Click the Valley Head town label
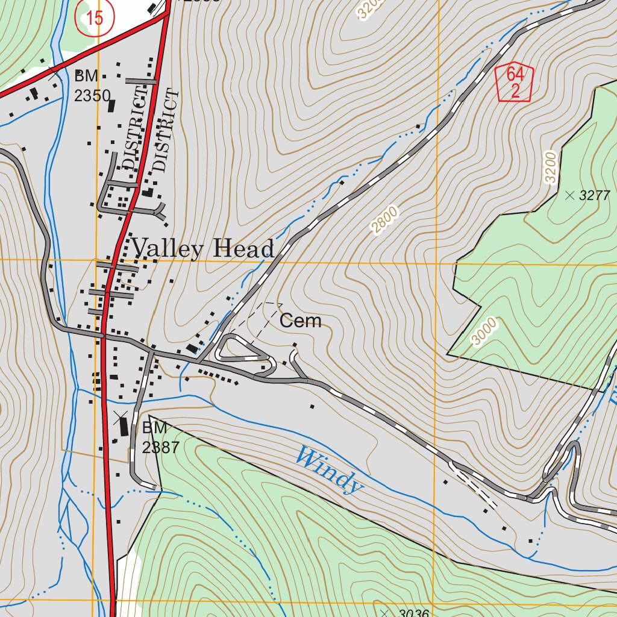[203, 248]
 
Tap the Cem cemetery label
[300, 321]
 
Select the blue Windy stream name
[330, 468]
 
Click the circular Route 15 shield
[94, 17]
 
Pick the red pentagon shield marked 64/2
[514, 83]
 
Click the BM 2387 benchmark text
[155, 437]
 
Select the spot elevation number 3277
[594, 195]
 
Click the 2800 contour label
[384, 220]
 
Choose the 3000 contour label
[484, 332]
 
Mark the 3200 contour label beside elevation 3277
[550, 168]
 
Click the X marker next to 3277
[569, 195]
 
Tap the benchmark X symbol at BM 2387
[120, 415]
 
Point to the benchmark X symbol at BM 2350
[54, 75]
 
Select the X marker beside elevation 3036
[385, 613]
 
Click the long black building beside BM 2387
[124, 427]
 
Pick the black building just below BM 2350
[111, 106]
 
